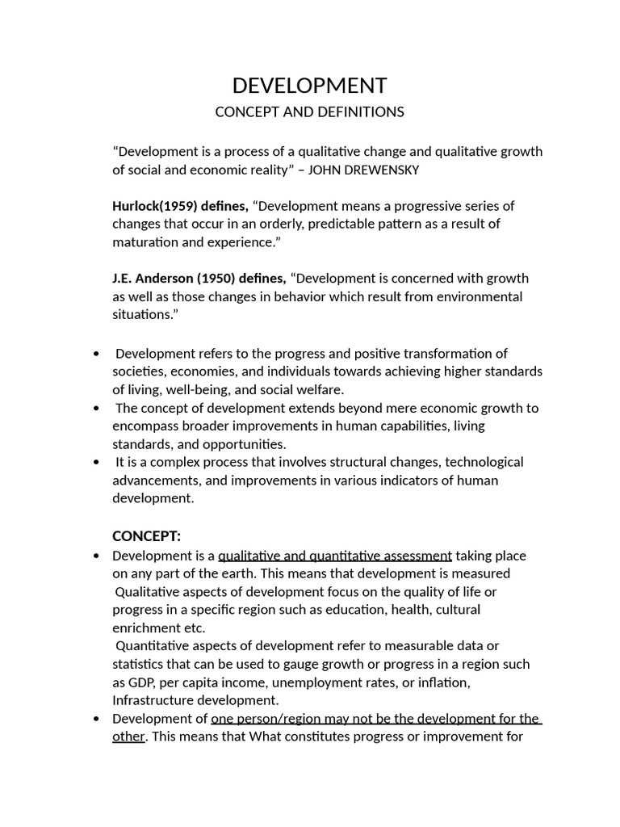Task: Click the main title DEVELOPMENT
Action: [309, 86]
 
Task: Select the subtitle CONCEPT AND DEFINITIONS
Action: [309, 112]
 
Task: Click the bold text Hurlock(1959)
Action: [154, 206]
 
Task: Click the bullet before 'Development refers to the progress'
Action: [97, 354]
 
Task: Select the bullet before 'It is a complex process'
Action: [97, 463]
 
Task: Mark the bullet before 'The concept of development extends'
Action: [97, 409]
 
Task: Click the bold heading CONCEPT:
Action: [146, 536]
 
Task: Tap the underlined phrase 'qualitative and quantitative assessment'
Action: [335, 556]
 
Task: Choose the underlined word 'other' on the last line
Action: [128, 737]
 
